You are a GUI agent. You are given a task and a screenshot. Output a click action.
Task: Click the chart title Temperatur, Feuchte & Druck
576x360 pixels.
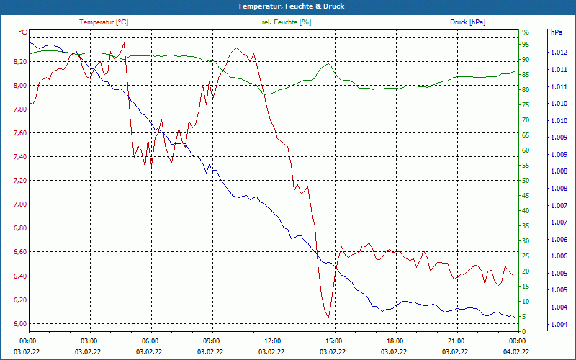click(x=287, y=6)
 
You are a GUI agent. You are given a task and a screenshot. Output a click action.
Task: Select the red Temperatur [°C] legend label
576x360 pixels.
click(x=104, y=22)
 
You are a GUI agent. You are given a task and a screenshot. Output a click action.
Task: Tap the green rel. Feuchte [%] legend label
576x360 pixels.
click(x=287, y=22)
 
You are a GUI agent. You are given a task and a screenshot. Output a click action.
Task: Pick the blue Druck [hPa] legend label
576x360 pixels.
click(x=467, y=22)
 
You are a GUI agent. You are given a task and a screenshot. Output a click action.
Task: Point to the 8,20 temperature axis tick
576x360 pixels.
click(x=19, y=62)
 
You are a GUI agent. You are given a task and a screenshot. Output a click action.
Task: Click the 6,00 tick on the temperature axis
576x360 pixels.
click(x=19, y=323)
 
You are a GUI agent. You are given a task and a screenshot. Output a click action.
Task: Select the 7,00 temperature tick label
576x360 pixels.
click(x=19, y=204)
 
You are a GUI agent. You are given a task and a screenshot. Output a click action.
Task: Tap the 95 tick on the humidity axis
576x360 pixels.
click(x=526, y=45)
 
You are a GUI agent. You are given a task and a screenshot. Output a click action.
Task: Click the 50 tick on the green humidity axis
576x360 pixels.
click(x=526, y=181)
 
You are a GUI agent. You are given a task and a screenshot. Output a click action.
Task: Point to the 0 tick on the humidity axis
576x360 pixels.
click(x=524, y=331)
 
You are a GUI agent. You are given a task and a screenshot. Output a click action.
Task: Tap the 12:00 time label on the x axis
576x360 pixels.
click(x=272, y=341)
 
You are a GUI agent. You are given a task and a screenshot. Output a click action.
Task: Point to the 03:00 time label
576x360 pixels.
click(x=89, y=341)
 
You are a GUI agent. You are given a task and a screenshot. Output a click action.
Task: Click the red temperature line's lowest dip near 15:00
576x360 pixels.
click(x=328, y=317)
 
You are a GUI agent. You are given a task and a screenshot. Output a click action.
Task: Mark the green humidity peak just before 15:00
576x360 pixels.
click(x=328, y=63)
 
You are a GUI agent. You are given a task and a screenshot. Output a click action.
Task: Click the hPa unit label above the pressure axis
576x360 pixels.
click(x=556, y=32)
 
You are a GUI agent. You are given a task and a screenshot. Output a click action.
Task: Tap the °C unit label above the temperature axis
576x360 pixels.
click(x=23, y=32)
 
